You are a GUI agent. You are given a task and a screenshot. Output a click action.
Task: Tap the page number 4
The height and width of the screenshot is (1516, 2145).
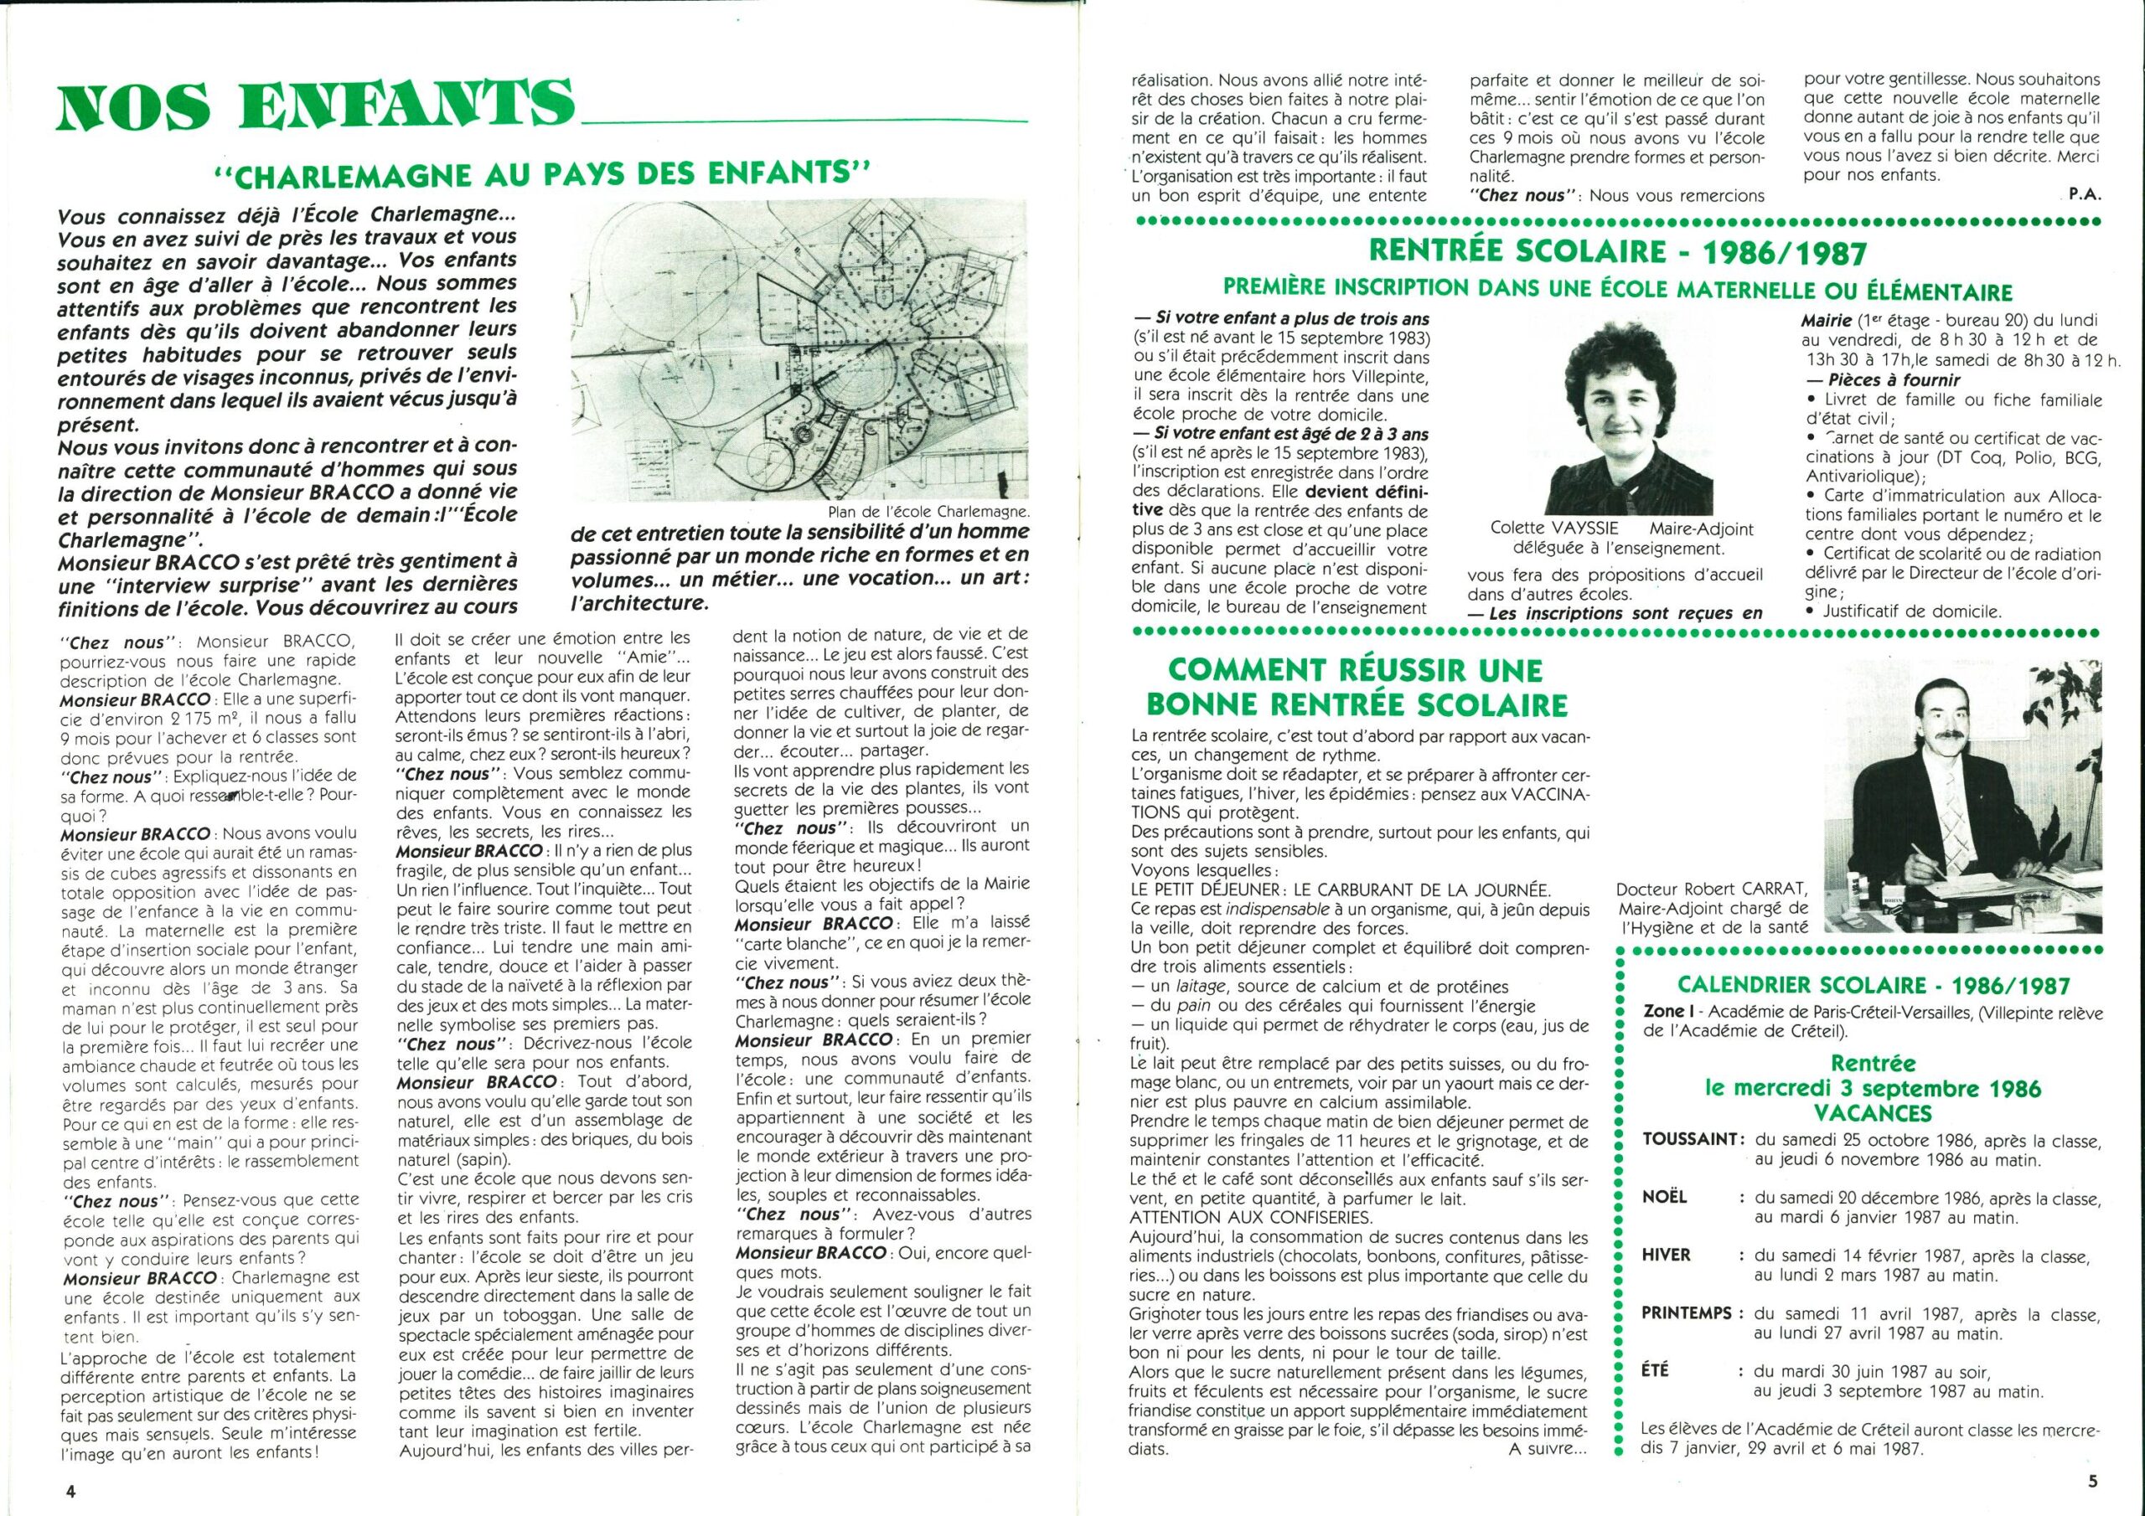(x=70, y=1491)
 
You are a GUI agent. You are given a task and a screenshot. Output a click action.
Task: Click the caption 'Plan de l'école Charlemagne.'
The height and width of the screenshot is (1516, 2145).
(x=928, y=511)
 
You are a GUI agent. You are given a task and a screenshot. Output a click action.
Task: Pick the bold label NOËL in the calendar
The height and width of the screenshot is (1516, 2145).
(x=1665, y=1197)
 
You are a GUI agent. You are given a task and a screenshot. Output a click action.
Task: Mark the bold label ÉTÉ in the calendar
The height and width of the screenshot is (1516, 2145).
(x=1657, y=1370)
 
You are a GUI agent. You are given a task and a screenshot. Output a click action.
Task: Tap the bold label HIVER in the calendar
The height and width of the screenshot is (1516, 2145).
(x=1667, y=1255)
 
